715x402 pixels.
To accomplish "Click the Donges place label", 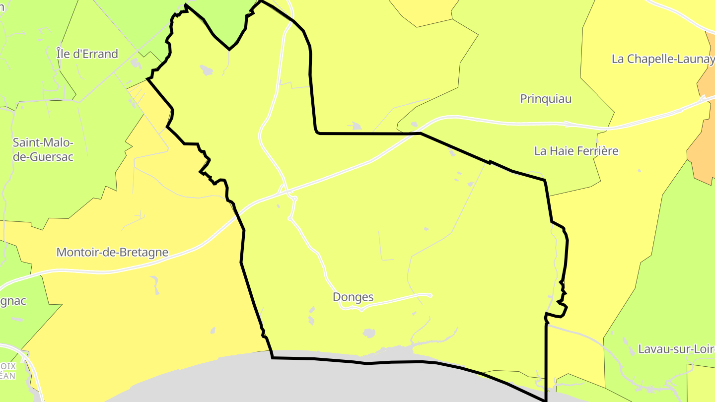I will pyautogui.click(x=353, y=297).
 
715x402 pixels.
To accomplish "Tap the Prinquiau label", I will pyautogui.click(x=546, y=99).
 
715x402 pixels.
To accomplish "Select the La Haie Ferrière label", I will pyautogui.click(x=576, y=151).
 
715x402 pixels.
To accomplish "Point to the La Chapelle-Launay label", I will pyautogui.click(x=663, y=59).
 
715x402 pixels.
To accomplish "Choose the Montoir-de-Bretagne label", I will pyautogui.click(x=112, y=252).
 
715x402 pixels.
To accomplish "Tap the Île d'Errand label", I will pyautogui.click(x=87, y=54).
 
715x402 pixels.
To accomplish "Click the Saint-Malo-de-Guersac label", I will pyautogui.click(x=43, y=149).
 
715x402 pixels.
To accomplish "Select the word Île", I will pyautogui.click(x=63, y=54).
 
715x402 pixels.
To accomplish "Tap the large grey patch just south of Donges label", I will pyautogui.click(x=369, y=333).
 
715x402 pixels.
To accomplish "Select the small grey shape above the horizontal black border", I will pyautogui.click(x=356, y=126).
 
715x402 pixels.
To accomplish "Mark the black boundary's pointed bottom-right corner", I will pyautogui.click(x=546, y=400).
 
